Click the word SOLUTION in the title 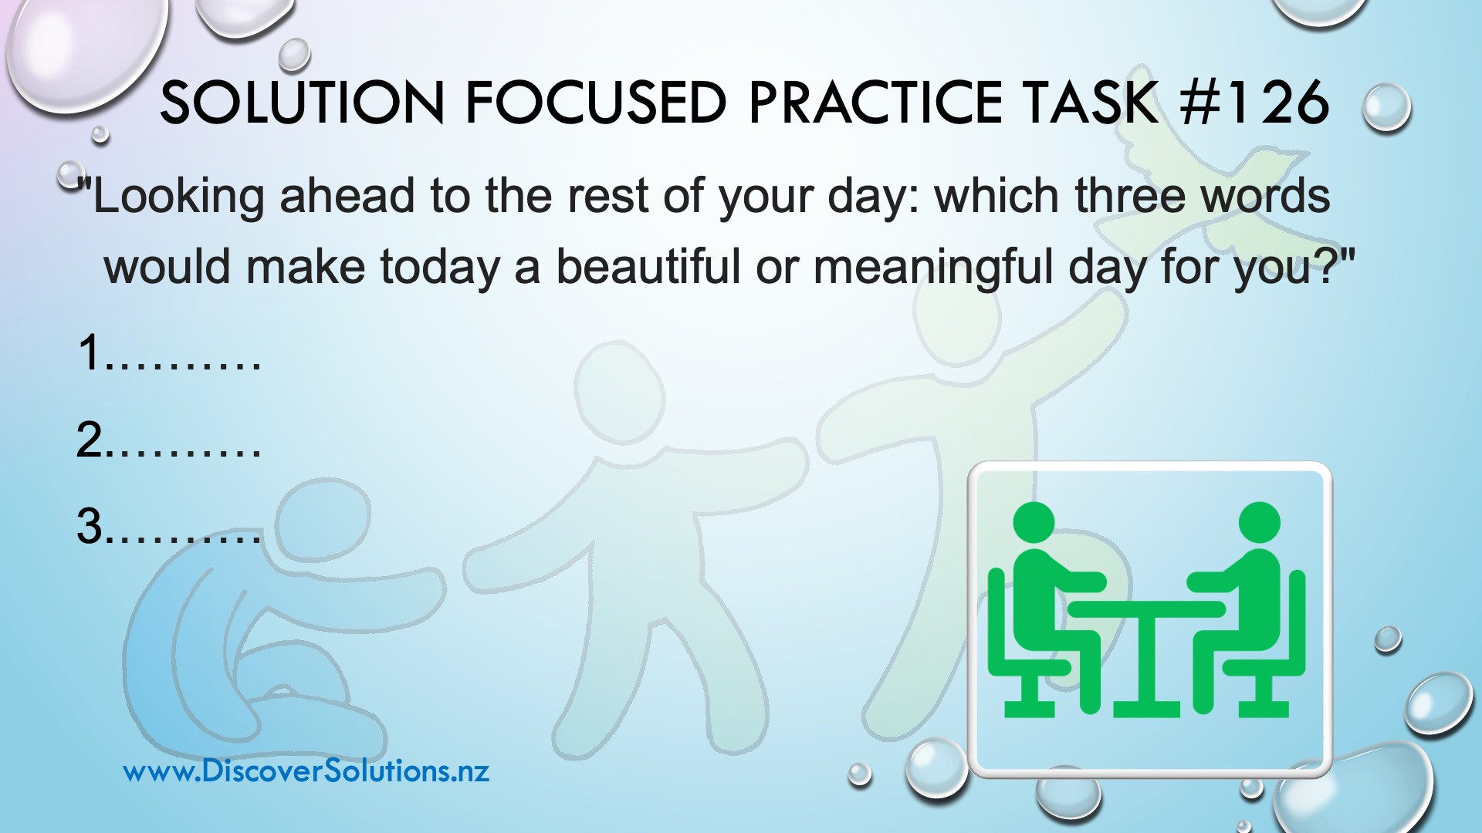[303, 103]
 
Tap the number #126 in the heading [1255, 103]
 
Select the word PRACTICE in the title [875, 103]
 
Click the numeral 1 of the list [90, 352]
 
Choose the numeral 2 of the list [90, 440]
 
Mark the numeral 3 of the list [90, 527]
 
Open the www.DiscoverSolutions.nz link [306, 771]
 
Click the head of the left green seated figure [1033, 523]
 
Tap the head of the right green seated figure [1260, 523]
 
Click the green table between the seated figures [1146, 656]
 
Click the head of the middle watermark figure [620, 393]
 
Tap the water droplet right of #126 [1387, 108]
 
